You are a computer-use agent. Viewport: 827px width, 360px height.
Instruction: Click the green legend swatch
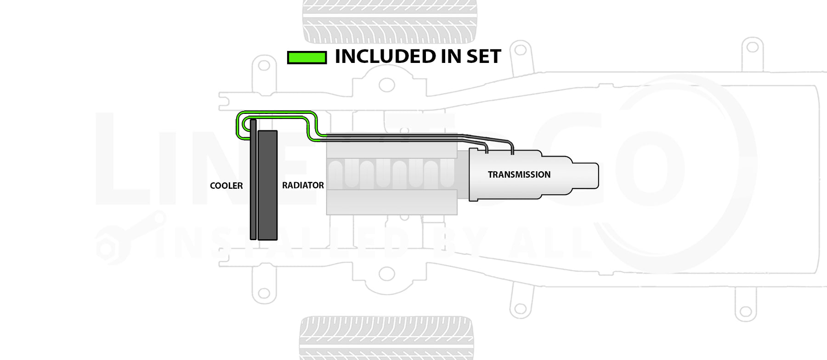[x=306, y=57]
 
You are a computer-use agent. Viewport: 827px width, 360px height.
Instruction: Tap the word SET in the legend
[x=483, y=56]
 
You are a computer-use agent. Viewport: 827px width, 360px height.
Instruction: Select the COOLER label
[x=226, y=186]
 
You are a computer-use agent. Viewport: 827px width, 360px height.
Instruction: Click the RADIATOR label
[x=303, y=185]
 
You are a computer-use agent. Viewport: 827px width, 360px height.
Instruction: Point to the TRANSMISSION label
[x=519, y=174]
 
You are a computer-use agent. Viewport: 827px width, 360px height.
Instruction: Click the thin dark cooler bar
[x=253, y=184]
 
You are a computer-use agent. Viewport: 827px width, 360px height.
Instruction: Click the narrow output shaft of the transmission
[x=585, y=175]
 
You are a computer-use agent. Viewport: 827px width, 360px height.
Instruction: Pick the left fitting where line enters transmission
[x=486, y=149]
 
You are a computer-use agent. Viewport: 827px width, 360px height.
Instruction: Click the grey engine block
[x=391, y=174]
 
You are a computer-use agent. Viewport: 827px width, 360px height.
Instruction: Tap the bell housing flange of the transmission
[x=473, y=174]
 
